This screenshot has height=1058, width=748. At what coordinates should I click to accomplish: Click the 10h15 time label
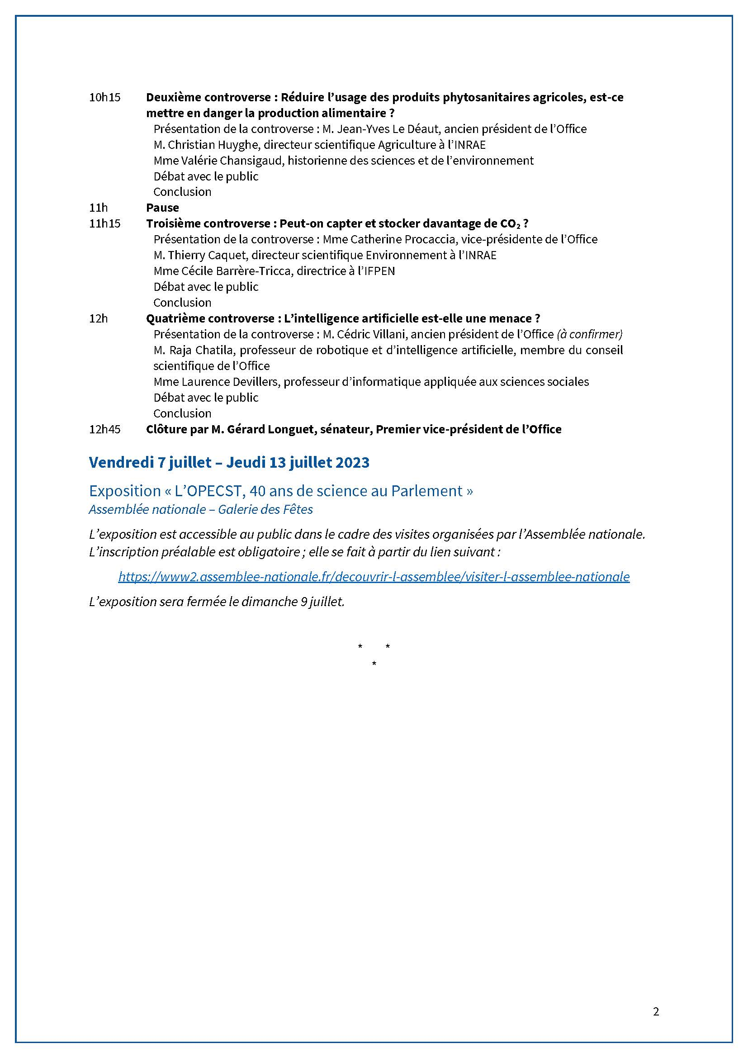click(104, 97)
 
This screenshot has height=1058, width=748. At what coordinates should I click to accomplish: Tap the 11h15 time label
click(104, 223)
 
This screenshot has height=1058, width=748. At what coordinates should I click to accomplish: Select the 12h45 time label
click(104, 429)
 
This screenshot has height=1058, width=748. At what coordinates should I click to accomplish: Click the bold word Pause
click(162, 207)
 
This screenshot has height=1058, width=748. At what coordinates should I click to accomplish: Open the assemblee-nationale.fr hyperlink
click(374, 576)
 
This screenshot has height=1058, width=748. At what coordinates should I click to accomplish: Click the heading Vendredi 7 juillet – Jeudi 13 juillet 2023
click(229, 462)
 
